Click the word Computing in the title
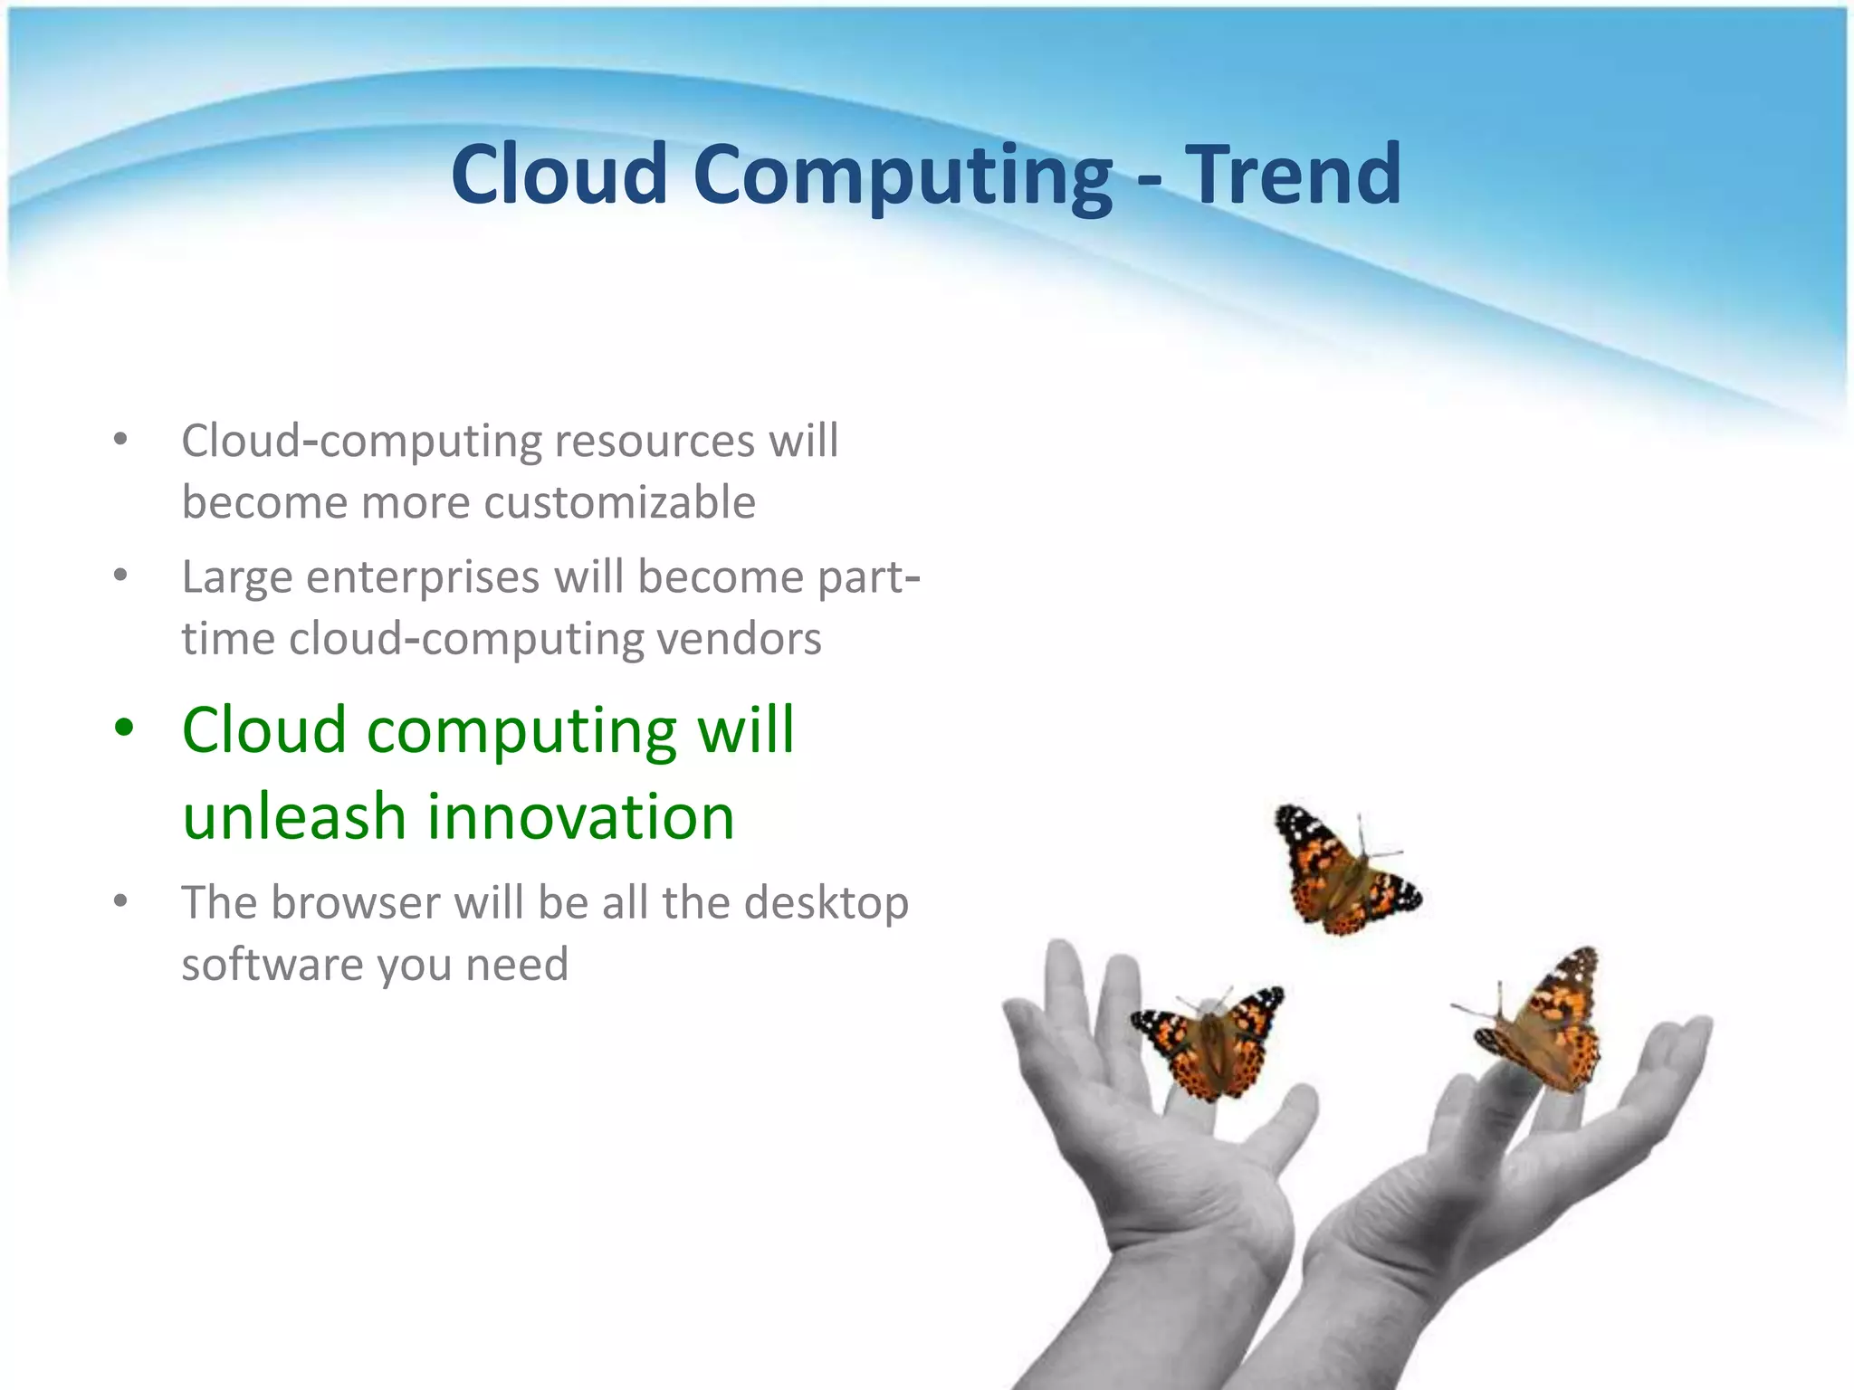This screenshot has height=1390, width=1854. click(x=903, y=176)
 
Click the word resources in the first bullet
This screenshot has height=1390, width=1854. click(x=654, y=442)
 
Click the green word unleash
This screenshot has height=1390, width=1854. click(x=293, y=816)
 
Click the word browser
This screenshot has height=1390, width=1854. click(x=355, y=903)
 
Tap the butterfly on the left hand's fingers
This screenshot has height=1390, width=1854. click(x=1209, y=1041)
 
